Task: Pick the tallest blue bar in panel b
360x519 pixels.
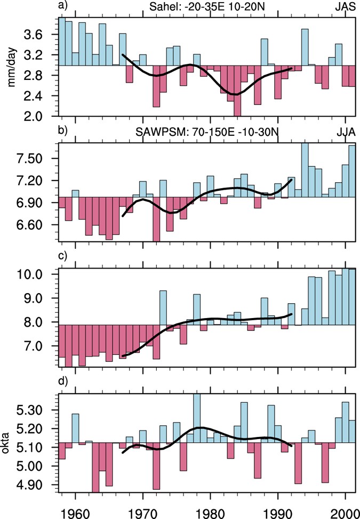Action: (x=305, y=170)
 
